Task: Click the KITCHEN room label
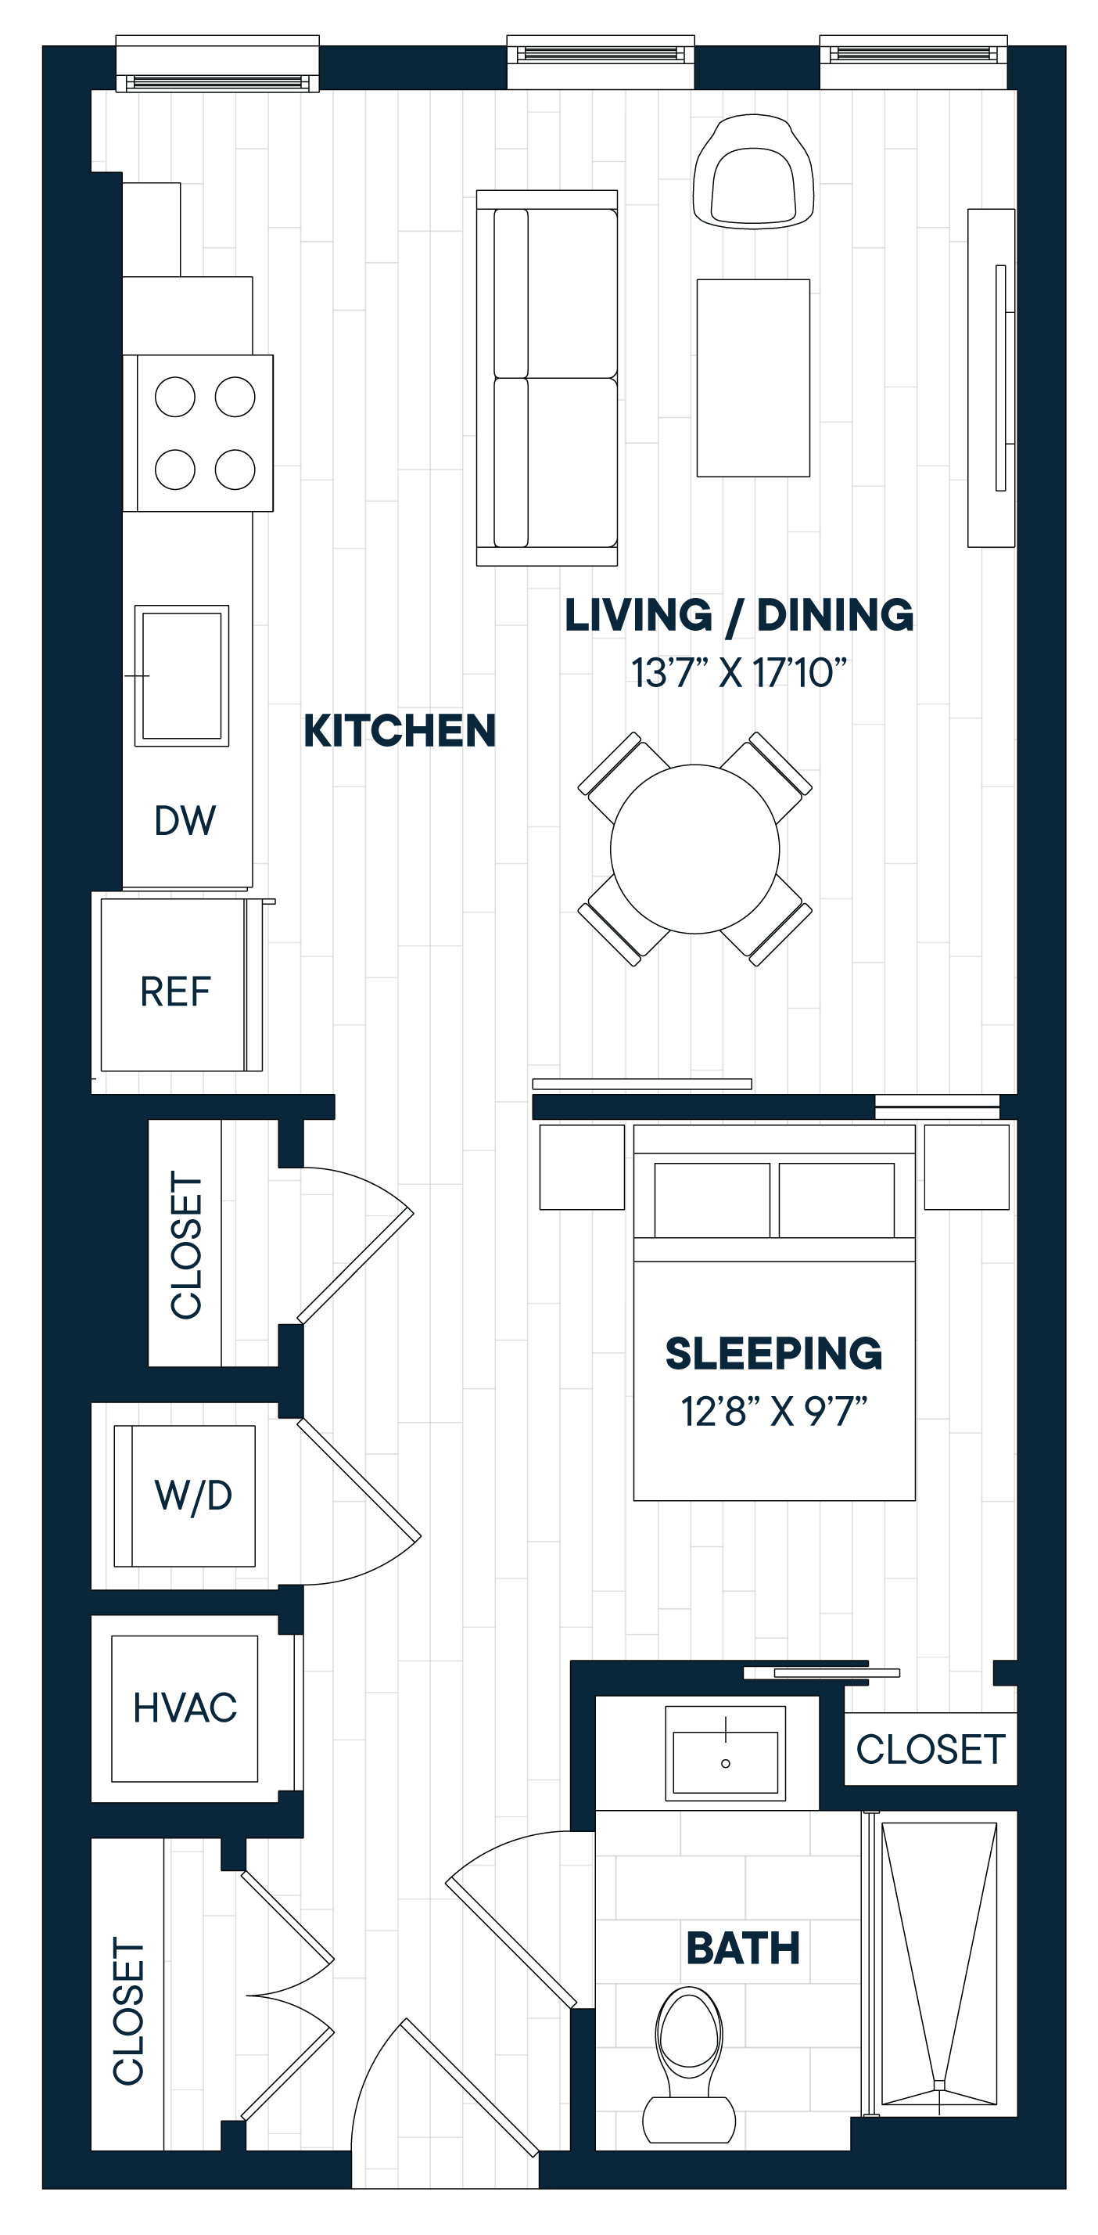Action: pos(399,731)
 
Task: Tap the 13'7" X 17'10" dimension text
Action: pos(738,673)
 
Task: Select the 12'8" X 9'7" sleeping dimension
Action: pos(773,1412)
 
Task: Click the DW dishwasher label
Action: pos(185,821)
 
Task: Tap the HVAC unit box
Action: pos(185,1708)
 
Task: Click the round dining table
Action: pos(694,848)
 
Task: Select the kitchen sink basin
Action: pos(182,676)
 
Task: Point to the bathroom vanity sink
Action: pos(725,1762)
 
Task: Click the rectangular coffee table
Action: pos(753,378)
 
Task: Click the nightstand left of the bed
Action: pos(581,1167)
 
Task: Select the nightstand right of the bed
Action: pos(966,1167)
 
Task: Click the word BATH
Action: pos(742,1949)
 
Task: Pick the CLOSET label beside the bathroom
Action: pos(931,1750)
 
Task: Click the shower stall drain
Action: pos(938,2085)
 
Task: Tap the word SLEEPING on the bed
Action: pos(773,1354)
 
